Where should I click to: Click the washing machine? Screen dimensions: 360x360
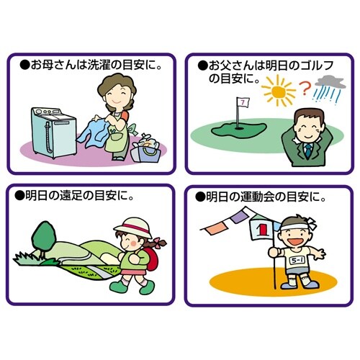[x=53, y=132]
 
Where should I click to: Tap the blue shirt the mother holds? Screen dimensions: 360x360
[x=93, y=132]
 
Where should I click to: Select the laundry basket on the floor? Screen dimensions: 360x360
[x=146, y=149]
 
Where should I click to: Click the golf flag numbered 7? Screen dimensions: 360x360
[x=243, y=103]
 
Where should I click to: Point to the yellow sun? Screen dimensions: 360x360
[x=279, y=91]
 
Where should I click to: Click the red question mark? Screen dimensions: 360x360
[x=305, y=89]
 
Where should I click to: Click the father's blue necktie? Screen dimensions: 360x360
[x=308, y=150]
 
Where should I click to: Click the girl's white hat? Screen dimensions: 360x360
[x=133, y=228]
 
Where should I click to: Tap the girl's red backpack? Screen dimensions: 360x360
[x=151, y=259]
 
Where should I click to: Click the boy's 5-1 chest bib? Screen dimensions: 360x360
[x=297, y=261]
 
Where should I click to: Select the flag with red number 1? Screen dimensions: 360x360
[x=262, y=228]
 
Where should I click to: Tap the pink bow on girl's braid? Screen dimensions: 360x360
[x=157, y=243]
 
